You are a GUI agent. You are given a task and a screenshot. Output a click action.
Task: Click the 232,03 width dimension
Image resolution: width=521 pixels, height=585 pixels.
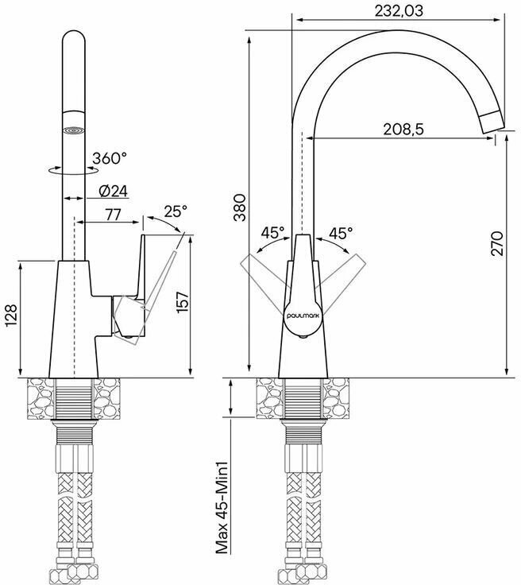399,11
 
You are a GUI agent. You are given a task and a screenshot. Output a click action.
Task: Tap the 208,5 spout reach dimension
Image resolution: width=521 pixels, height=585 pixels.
403,130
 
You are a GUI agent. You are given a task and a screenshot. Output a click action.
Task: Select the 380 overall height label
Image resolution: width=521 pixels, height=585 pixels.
240,207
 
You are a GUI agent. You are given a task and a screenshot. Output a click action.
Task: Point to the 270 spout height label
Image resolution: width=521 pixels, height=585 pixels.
497,243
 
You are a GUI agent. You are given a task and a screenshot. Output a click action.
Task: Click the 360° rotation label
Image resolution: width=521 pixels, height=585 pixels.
110,158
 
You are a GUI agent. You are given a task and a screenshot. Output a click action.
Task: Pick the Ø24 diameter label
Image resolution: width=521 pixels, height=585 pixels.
114,192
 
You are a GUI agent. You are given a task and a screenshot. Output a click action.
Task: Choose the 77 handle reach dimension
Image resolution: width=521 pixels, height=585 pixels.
113,215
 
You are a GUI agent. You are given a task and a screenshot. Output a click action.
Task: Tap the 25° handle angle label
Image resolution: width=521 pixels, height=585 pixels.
176,211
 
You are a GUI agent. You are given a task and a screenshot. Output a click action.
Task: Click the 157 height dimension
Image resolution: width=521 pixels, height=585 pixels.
183,302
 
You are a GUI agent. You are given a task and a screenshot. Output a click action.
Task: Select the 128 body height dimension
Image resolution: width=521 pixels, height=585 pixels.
12,316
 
